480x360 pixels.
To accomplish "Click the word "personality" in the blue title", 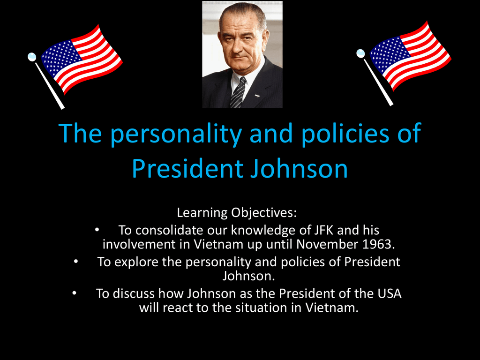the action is (x=176, y=134).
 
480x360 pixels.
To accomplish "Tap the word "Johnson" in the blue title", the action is (x=299, y=169).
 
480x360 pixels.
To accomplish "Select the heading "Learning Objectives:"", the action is (x=237, y=213).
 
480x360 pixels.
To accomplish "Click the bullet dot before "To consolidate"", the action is (x=97, y=230).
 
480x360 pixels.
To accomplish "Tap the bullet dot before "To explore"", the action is (x=75, y=262).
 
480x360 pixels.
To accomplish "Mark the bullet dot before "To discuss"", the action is (x=75, y=293).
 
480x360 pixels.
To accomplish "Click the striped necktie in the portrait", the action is (x=238, y=92).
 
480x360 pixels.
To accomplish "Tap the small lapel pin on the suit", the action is (x=257, y=96).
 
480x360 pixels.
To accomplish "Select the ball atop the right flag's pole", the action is (x=360, y=53).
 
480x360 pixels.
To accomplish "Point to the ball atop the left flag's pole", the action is (x=32, y=57).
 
